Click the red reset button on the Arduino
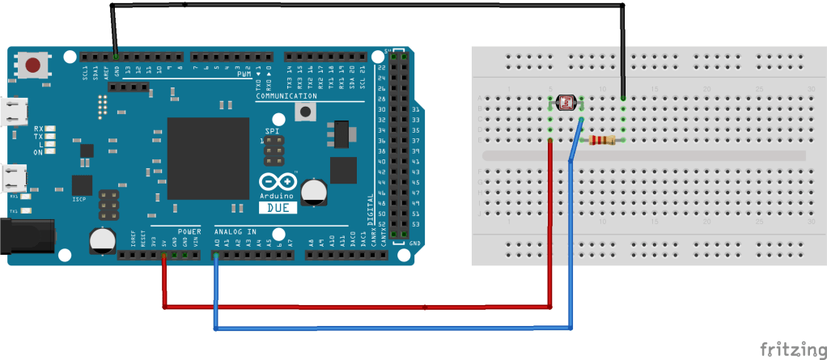[33, 66]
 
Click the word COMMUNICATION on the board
[286, 96]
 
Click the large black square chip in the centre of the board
[207, 158]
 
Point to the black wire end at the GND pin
[117, 57]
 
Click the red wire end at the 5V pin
[165, 256]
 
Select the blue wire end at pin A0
[216, 256]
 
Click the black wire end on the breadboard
[624, 99]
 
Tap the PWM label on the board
[244, 74]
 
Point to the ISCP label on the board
[79, 199]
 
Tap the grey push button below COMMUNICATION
[307, 113]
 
